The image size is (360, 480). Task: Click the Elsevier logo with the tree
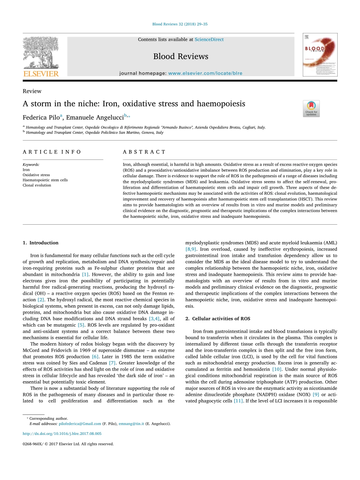(41, 56)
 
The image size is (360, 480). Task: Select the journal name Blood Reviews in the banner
(181, 56)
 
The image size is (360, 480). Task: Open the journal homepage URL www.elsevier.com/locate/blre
(205, 73)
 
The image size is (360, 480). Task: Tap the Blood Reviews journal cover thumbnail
(320, 55)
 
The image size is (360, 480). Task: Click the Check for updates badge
(311, 108)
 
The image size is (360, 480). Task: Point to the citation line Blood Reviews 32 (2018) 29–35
(180, 24)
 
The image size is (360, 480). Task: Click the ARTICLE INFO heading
(52, 152)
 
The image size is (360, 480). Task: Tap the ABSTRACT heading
(144, 152)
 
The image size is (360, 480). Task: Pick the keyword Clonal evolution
(37, 185)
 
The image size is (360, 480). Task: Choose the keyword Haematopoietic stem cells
(45, 180)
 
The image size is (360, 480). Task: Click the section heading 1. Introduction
(41, 243)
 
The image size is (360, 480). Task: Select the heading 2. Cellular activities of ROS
(218, 319)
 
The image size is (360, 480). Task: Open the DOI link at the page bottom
(62, 433)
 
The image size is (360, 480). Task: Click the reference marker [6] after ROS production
(95, 356)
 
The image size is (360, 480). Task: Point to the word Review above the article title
(32, 91)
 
